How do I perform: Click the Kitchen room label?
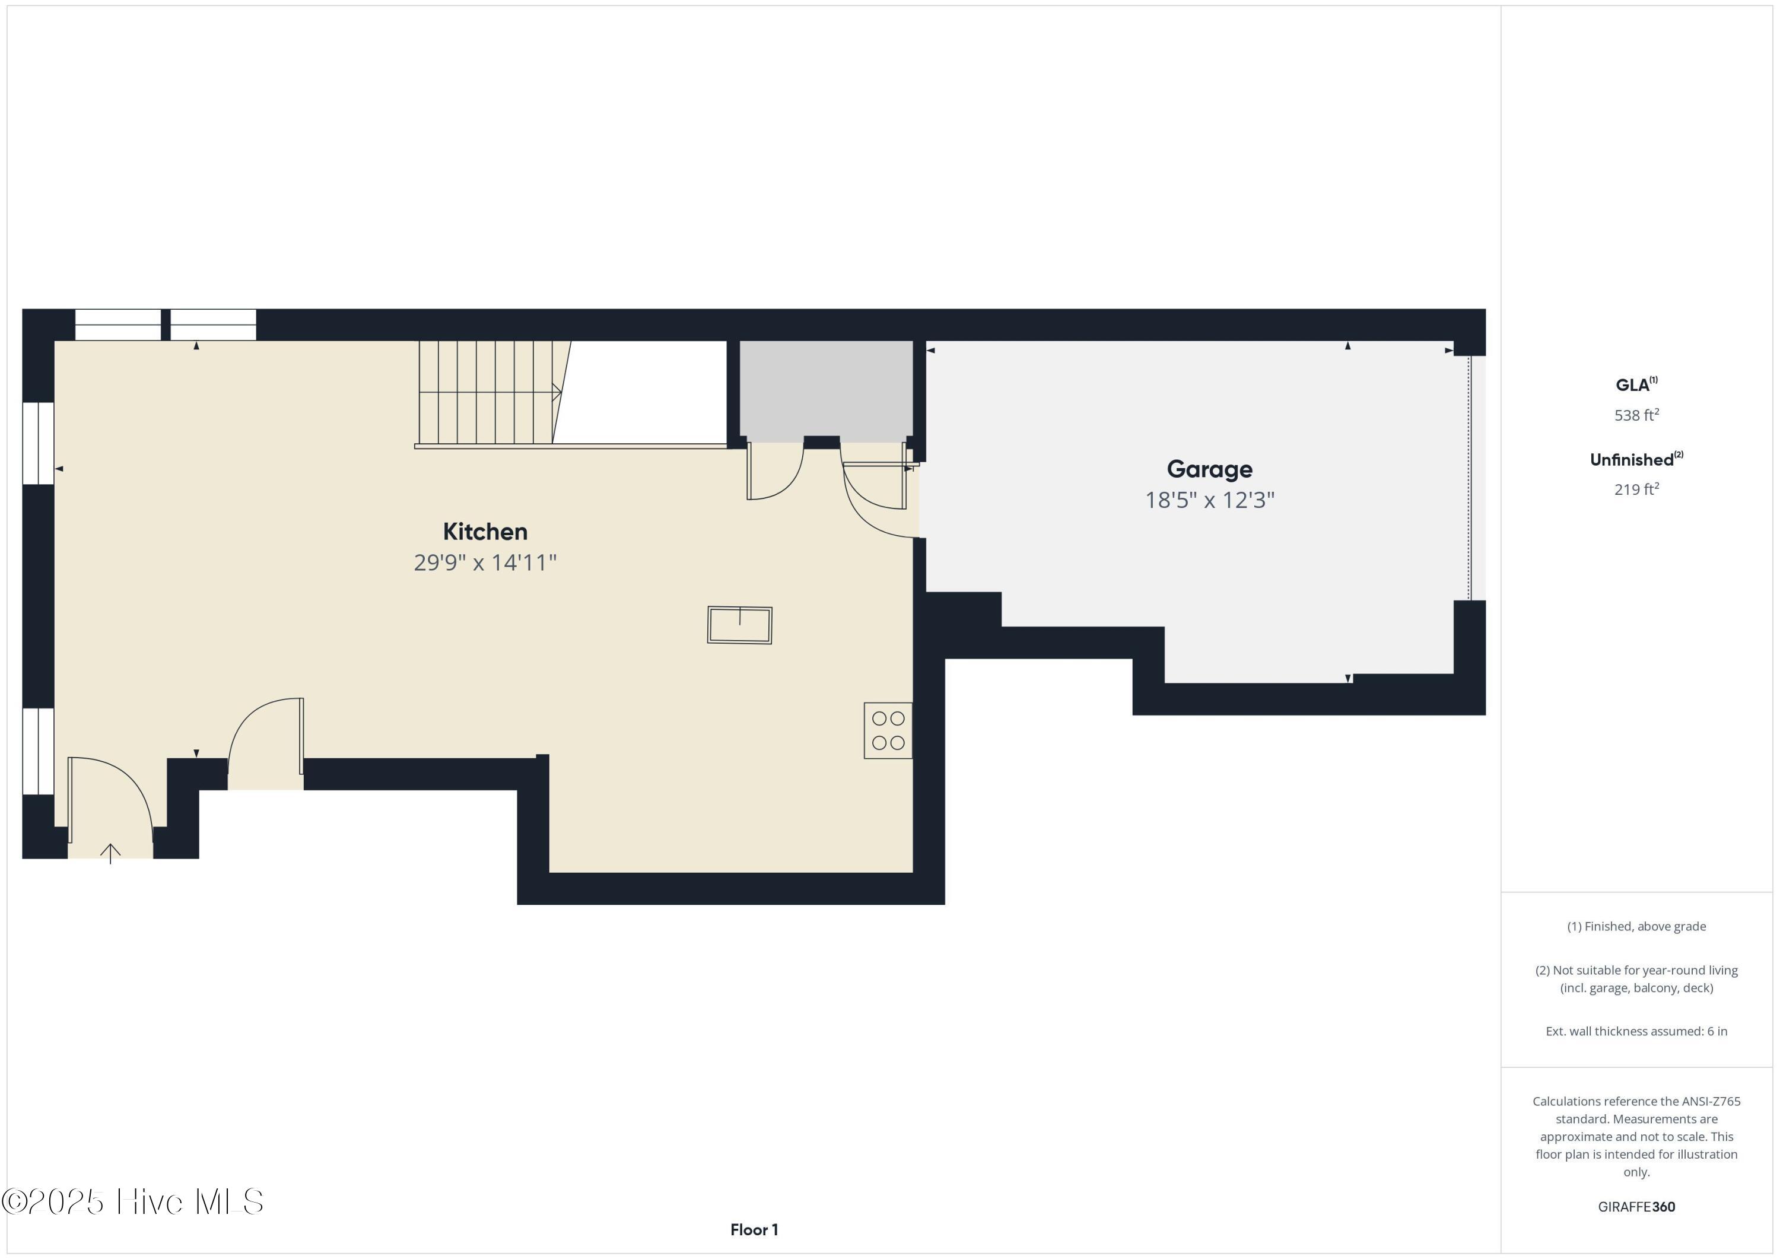[485, 532]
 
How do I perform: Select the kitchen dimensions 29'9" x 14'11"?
[485, 563]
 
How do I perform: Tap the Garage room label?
[1209, 469]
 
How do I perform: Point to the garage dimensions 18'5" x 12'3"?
[1209, 500]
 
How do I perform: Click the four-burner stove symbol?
[888, 730]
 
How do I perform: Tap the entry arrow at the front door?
[110, 854]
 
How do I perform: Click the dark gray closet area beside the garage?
[826, 387]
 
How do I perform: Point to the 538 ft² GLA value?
[1636, 415]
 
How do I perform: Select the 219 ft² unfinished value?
[1636, 489]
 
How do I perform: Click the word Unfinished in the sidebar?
[1631, 460]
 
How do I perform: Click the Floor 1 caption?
[754, 1229]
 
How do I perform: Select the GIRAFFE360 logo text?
[1636, 1206]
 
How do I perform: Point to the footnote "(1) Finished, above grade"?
[1636, 926]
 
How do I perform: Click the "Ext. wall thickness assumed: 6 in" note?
[1636, 1031]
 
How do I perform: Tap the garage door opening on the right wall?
[1470, 477]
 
